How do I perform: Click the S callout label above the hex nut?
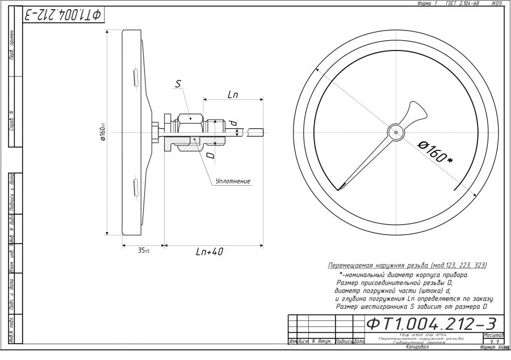178,84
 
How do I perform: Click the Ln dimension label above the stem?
232,95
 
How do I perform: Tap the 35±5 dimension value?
143,250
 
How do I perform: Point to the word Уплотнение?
233,181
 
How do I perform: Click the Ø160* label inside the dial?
435,150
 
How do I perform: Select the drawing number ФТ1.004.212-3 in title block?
432,324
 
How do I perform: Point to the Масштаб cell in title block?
493,336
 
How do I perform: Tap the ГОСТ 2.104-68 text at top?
463,3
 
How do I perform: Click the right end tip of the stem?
263,132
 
